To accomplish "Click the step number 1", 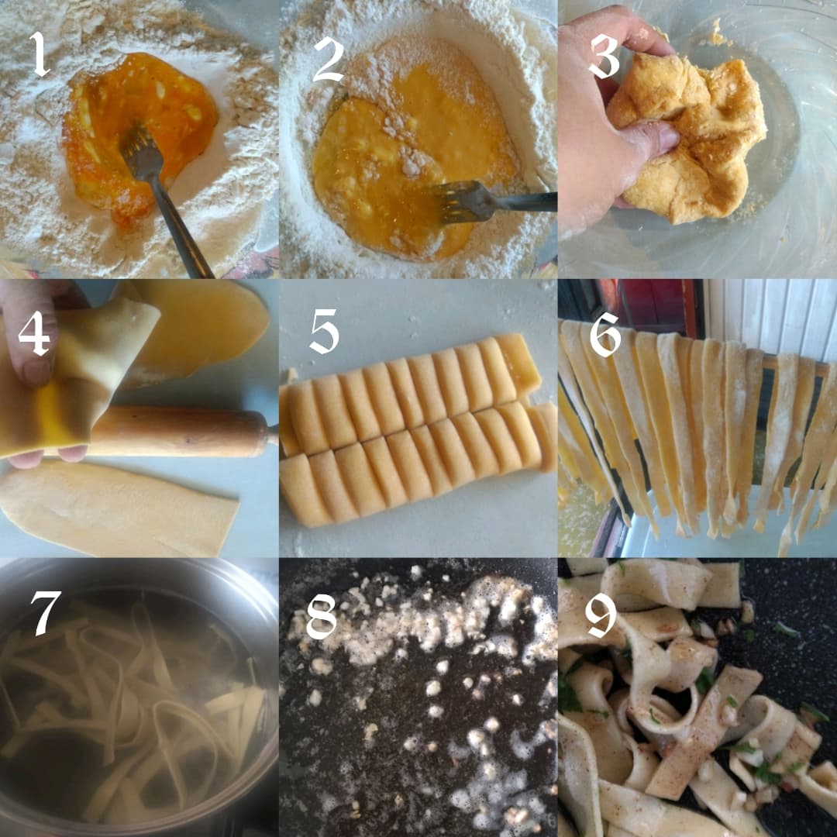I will click(39, 56).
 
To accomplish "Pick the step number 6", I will click(606, 334).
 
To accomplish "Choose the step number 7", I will click(45, 612).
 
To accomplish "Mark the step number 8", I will click(321, 616).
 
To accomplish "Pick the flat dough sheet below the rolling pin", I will click(116, 508).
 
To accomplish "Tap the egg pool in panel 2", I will click(403, 155).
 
